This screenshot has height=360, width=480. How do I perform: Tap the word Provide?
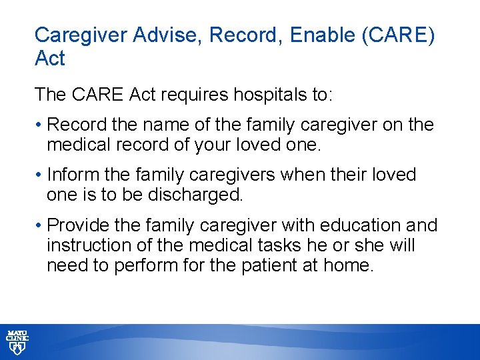click(x=76, y=226)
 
